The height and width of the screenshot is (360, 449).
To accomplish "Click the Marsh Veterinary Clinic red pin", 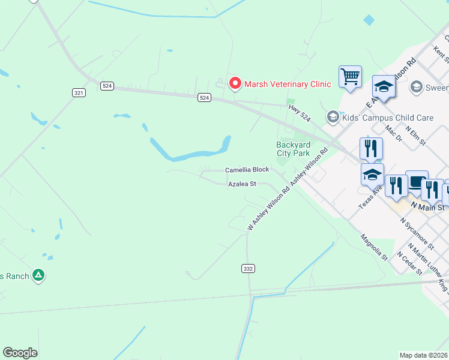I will pyautogui.click(x=235, y=84).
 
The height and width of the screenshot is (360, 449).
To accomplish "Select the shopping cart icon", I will pyautogui.click(x=350, y=76).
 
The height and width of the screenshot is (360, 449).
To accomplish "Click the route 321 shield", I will pyautogui.click(x=79, y=92).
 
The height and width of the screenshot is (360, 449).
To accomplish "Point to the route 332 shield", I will pyautogui.click(x=248, y=268).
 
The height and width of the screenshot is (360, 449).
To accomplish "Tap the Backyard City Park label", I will pyautogui.click(x=293, y=149).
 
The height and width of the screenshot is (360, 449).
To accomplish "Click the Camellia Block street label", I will pyautogui.click(x=247, y=170).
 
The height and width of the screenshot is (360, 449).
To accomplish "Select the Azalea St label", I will pyautogui.click(x=242, y=184).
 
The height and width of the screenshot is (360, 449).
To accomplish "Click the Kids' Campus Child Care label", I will pyautogui.click(x=387, y=118).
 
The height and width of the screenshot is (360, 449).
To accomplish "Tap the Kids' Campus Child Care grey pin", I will pyautogui.click(x=333, y=116).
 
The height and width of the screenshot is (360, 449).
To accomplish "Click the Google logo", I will pyautogui.click(x=20, y=353).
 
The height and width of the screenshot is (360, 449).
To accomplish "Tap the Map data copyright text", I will pyautogui.click(x=424, y=355).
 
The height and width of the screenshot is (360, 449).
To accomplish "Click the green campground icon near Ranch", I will pyautogui.click(x=38, y=275).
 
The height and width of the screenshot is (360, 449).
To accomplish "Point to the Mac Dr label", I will pyautogui.click(x=394, y=133).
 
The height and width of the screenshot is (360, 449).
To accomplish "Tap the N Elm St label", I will pyautogui.click(x=415, y=135).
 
